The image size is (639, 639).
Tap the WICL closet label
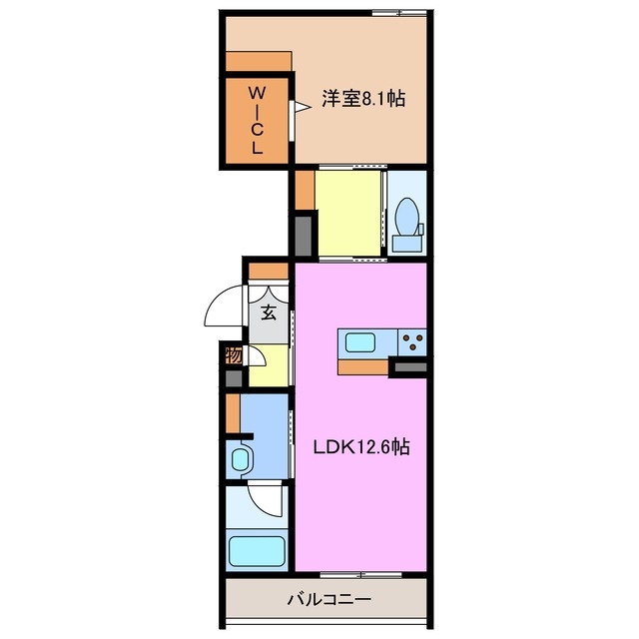(x=257, y=119)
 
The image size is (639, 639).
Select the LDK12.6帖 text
(x=360, y=447)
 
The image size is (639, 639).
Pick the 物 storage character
(x=233, y=355)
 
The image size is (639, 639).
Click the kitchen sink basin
(x=360, y=342)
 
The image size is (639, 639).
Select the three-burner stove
(x=411, y=342)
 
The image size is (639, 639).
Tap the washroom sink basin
(x=242, y=460)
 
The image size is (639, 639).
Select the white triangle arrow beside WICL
(x=298, y=108)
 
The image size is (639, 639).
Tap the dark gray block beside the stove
(x=409, y=369)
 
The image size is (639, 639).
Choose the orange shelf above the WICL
(x=259, y=61)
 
